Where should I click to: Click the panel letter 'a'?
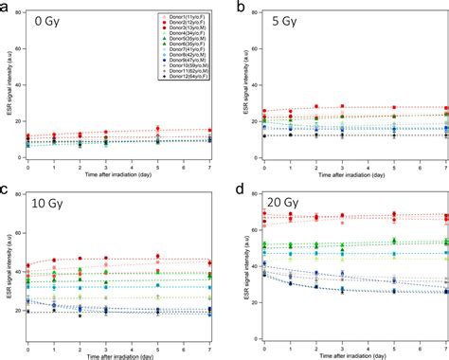pyautogui.click(x=5, y=7)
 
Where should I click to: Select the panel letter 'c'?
pyautogui.click(x=5, y=188)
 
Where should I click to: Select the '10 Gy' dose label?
pyautogui.click(x=54, y=204)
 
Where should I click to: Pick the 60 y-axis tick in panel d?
pyautogui.click(x=248, y=231)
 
